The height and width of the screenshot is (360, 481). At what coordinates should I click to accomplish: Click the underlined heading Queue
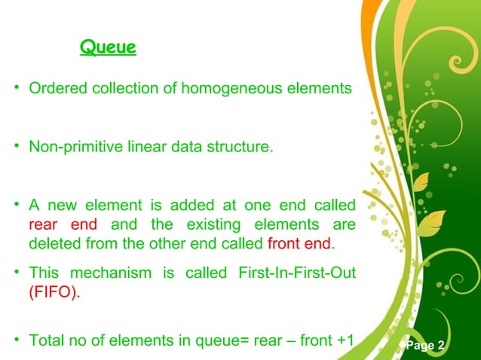click(x=108, y=49)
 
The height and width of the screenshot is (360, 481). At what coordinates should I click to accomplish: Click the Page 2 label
click(x=427, y=346)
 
